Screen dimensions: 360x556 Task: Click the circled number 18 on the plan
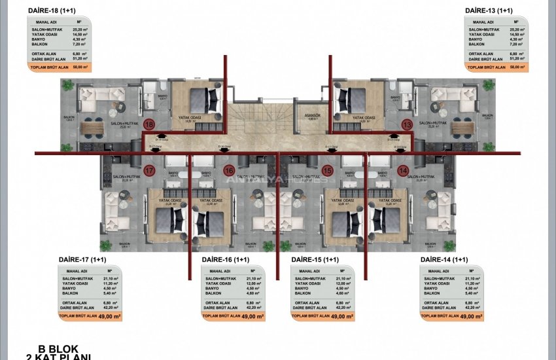click(149, 124)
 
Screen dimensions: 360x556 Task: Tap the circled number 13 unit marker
click(406, 124)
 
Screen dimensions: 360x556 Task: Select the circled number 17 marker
click(149, 171)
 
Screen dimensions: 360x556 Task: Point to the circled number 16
click(229, 171)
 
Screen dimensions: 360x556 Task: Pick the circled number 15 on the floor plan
click(328, 171)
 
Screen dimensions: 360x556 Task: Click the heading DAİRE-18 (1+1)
click(51, 10)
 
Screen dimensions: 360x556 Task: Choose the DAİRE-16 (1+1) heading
click(226, 261)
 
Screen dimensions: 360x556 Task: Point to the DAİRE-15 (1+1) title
click(315, 261)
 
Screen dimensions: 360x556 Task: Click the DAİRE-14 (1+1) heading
click(444, 261)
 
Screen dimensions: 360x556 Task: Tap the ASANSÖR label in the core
click(312, 115)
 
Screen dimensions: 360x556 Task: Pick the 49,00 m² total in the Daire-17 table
click(109, 316)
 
